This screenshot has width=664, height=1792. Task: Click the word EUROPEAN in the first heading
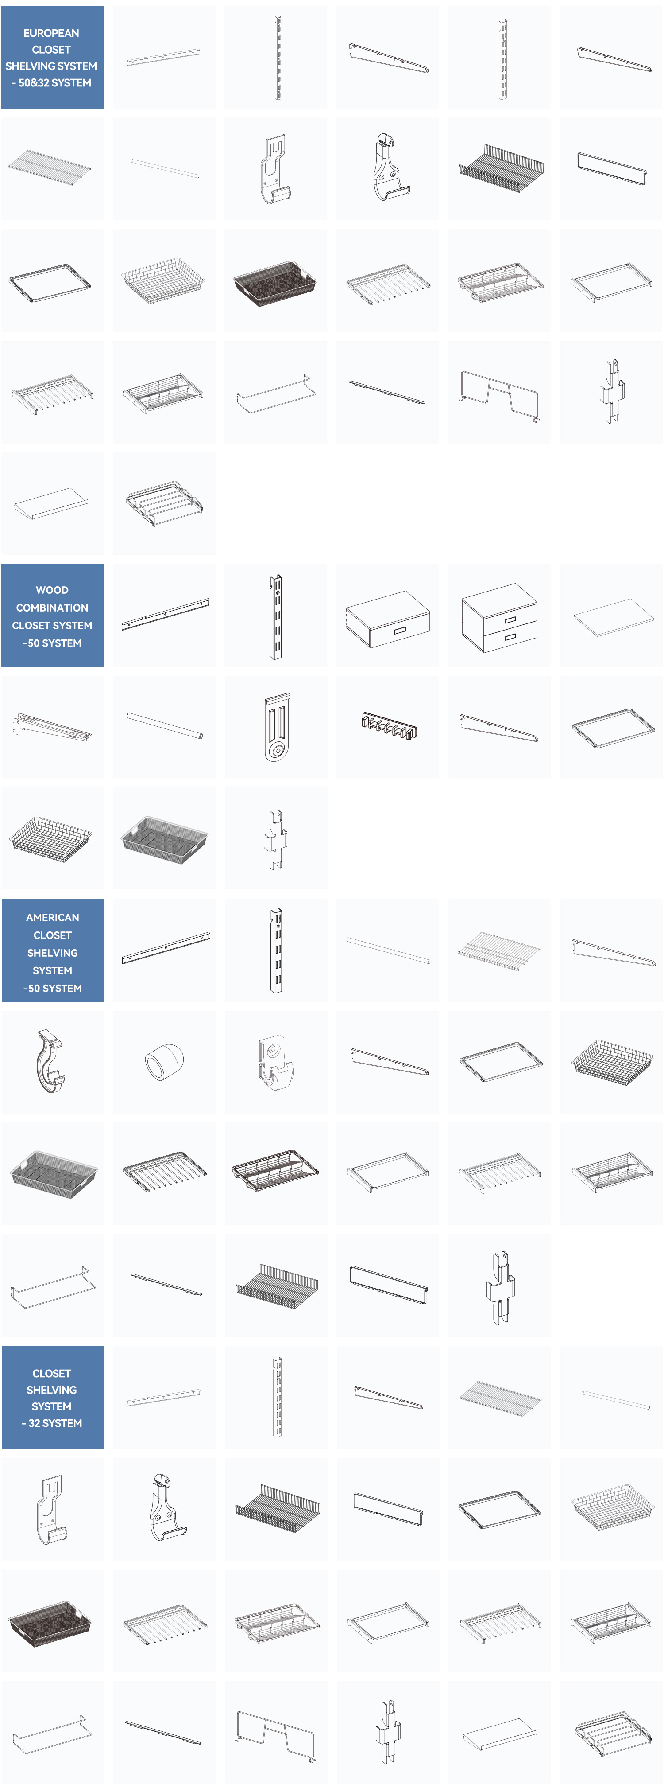tap(51, 33)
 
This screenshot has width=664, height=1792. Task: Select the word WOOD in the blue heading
tap(52, 590)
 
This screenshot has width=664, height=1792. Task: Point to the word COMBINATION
tap(52, 608)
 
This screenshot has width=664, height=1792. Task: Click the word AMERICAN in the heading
tap(53, 918)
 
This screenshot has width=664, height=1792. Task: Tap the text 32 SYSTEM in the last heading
tap(55, 1423)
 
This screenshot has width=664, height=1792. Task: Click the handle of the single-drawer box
tap(399, 631)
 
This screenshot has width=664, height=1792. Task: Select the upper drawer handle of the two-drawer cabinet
tap(510, 619)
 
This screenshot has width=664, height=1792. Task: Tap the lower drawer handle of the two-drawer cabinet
tap(510, 636)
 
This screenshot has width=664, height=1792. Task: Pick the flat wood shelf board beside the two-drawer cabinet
tap(613, 616)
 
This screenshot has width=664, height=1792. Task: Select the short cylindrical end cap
tap(164, 1062)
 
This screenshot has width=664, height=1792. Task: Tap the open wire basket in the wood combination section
tap(50, 839)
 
